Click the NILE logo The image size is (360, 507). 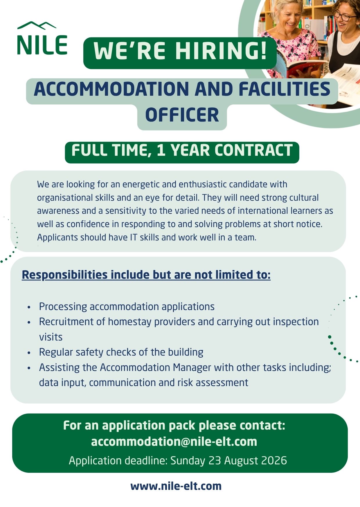(x=42, y=38)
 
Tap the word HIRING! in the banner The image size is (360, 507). (x=221, y=51)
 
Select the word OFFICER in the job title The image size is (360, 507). (x=182, y=115)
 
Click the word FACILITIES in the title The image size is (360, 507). (x=285, y=89)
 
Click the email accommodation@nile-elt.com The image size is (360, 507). (x=174, y=441)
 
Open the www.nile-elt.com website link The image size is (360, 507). (x=176, y=486)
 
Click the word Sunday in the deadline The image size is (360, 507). (x=188, y=461)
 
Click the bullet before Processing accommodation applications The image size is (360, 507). (x=29, y=307)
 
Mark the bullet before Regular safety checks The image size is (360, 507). (x=29, y=353)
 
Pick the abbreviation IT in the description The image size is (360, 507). (x=134, y=237)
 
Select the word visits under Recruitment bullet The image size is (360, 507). (x=51, y=337)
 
